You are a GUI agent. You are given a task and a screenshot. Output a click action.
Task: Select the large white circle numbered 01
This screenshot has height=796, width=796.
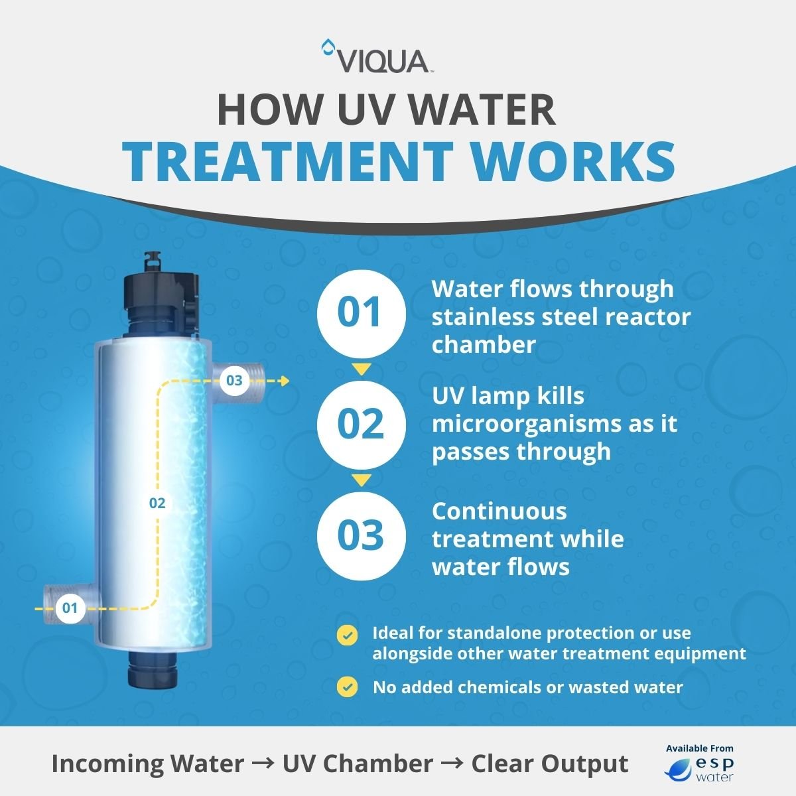360,312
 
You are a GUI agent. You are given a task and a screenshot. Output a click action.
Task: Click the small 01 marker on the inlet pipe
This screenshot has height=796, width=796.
70,608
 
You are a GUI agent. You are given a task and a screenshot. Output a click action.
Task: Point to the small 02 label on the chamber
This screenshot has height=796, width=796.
157,503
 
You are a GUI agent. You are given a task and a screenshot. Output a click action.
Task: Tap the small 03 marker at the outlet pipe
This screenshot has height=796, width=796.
234,381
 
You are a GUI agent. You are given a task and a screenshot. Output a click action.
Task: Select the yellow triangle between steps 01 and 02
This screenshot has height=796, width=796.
360,369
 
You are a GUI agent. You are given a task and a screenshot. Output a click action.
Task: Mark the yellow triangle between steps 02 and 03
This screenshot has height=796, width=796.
360,480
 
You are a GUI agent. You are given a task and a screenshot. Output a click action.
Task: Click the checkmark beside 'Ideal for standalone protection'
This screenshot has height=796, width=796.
347,635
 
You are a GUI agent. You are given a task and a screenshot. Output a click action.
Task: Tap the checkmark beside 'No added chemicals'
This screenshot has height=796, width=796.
347,687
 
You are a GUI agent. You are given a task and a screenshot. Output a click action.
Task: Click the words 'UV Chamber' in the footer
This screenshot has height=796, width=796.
358,763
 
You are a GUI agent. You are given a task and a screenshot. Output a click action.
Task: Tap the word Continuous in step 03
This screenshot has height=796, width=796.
499,511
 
